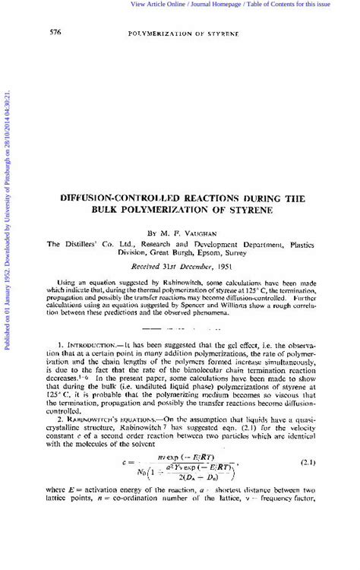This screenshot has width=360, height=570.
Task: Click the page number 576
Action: click(55, 33)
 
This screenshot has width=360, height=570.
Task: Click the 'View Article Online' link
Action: click(157, 5)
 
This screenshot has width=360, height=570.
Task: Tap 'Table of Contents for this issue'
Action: click(289, 5)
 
